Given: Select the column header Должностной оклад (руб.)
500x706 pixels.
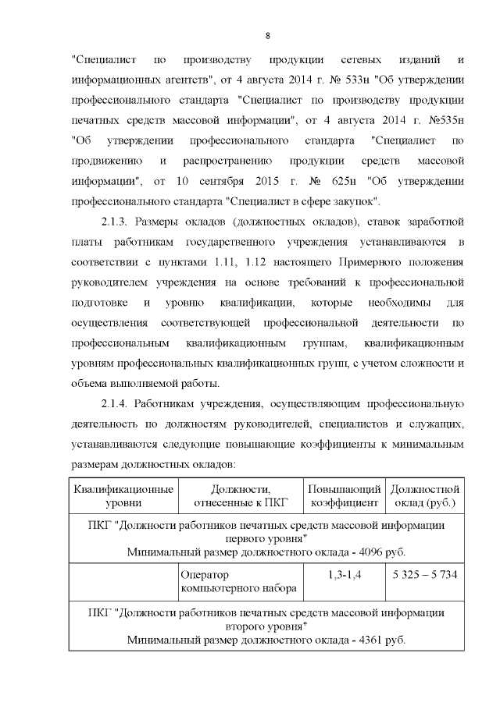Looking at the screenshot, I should point(425,495).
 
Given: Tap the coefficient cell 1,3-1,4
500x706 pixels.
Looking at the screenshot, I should point(344,575).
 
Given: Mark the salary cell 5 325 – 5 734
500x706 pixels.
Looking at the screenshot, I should point(425,575).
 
